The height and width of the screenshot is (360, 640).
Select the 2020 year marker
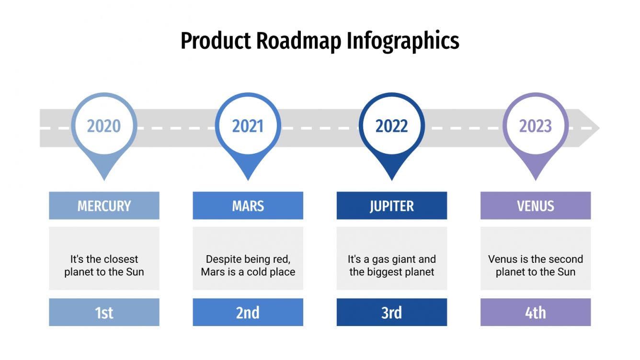[x=104, y=126]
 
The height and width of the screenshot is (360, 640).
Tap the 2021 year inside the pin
[x=248, y=126]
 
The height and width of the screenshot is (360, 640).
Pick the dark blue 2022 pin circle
[x=391, y=126]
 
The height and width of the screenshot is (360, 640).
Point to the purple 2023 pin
[x=536, y=126]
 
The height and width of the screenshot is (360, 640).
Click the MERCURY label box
[x=104, y=206]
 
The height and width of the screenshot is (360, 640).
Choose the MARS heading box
[x=248, y=206]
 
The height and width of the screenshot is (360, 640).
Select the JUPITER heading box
[x=391, y=206]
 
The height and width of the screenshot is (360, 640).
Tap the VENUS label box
[x=536, y=206]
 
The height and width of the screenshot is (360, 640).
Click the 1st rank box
[x=104, y=313]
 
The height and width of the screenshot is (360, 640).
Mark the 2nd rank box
[x=248, y=313]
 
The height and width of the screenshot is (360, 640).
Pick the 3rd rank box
[x=391, y=313]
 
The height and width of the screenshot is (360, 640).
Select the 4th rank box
[x=536, y=313]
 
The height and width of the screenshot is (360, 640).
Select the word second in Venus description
[x=565, y=259]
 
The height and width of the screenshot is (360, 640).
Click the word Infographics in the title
[x=403, y=41]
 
